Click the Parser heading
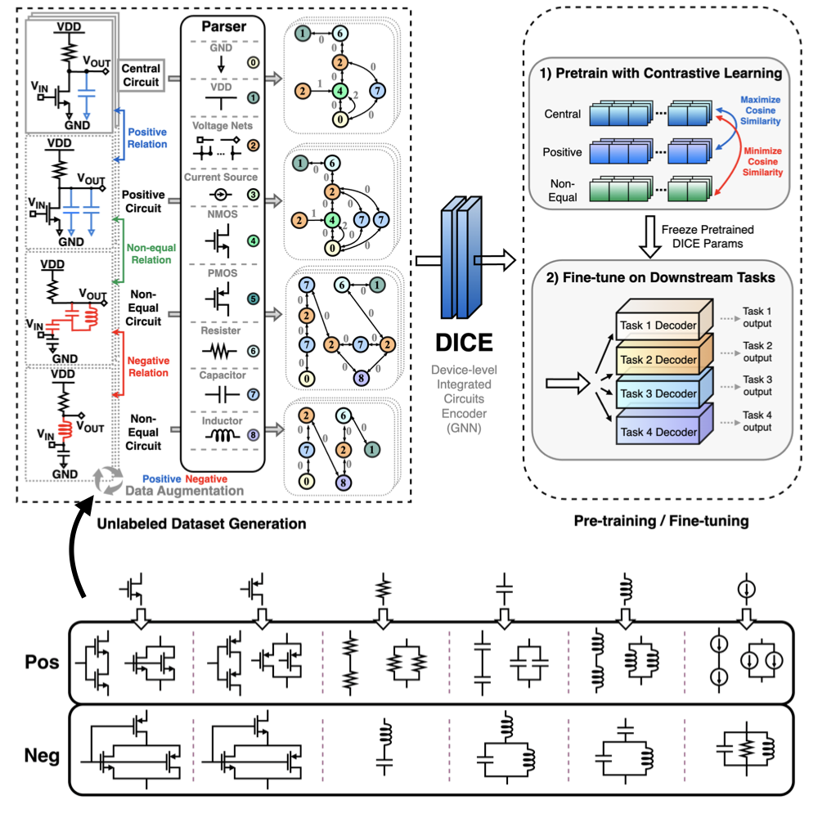224,27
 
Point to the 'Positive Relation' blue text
148,138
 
